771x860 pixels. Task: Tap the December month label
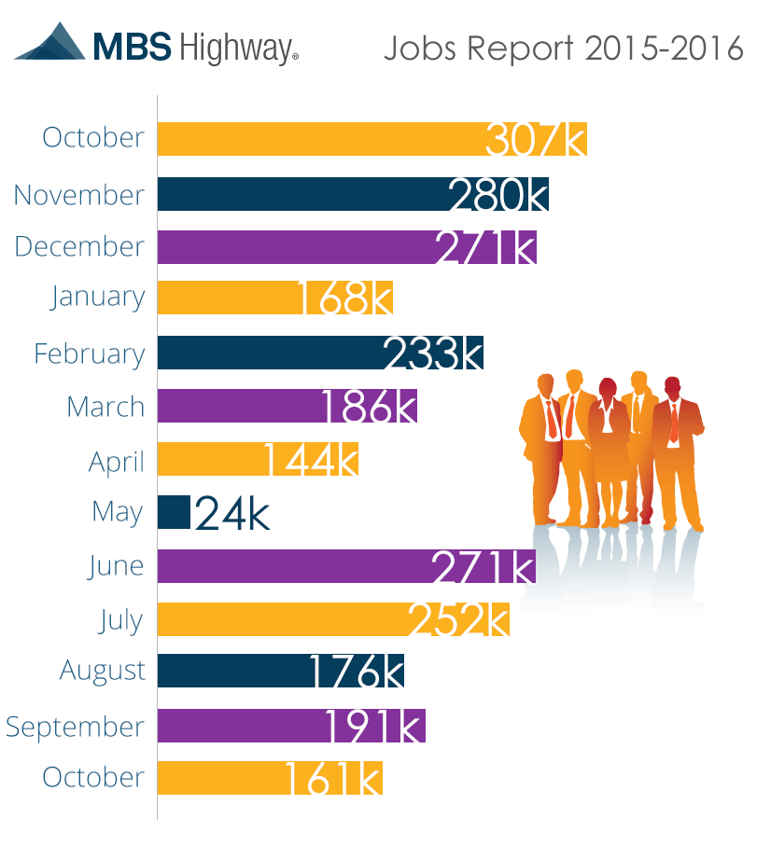(x=79, y=247)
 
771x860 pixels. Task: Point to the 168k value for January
(x=343, y=298)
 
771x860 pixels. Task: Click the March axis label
(x=105, y=408)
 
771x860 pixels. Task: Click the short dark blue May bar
(x=174, y=512)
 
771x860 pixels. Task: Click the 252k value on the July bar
(x=458, y=621)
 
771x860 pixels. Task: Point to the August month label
(x=103, y=672)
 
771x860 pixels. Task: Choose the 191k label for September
(x=374, y=727)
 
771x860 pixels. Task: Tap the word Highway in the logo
(x=236, y=48)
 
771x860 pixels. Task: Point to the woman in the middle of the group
(x=608, y=448)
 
